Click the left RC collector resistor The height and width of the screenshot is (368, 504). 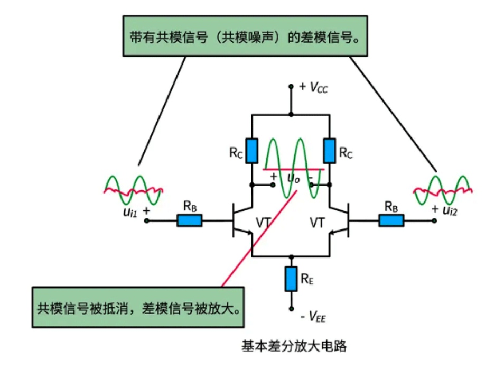(x=252, y=151)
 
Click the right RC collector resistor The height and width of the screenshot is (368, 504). (x=329, y=151)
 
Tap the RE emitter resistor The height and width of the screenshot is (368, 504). (x=291, y=279)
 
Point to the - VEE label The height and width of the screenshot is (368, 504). (x=313, y=317)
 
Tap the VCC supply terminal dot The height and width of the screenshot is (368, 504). (x=291, y=86)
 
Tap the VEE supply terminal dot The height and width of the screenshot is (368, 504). (x=291, y=309)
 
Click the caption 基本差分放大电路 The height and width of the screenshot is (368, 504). (x=294, y=347)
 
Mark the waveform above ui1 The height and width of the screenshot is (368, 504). (x=133, y=190)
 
